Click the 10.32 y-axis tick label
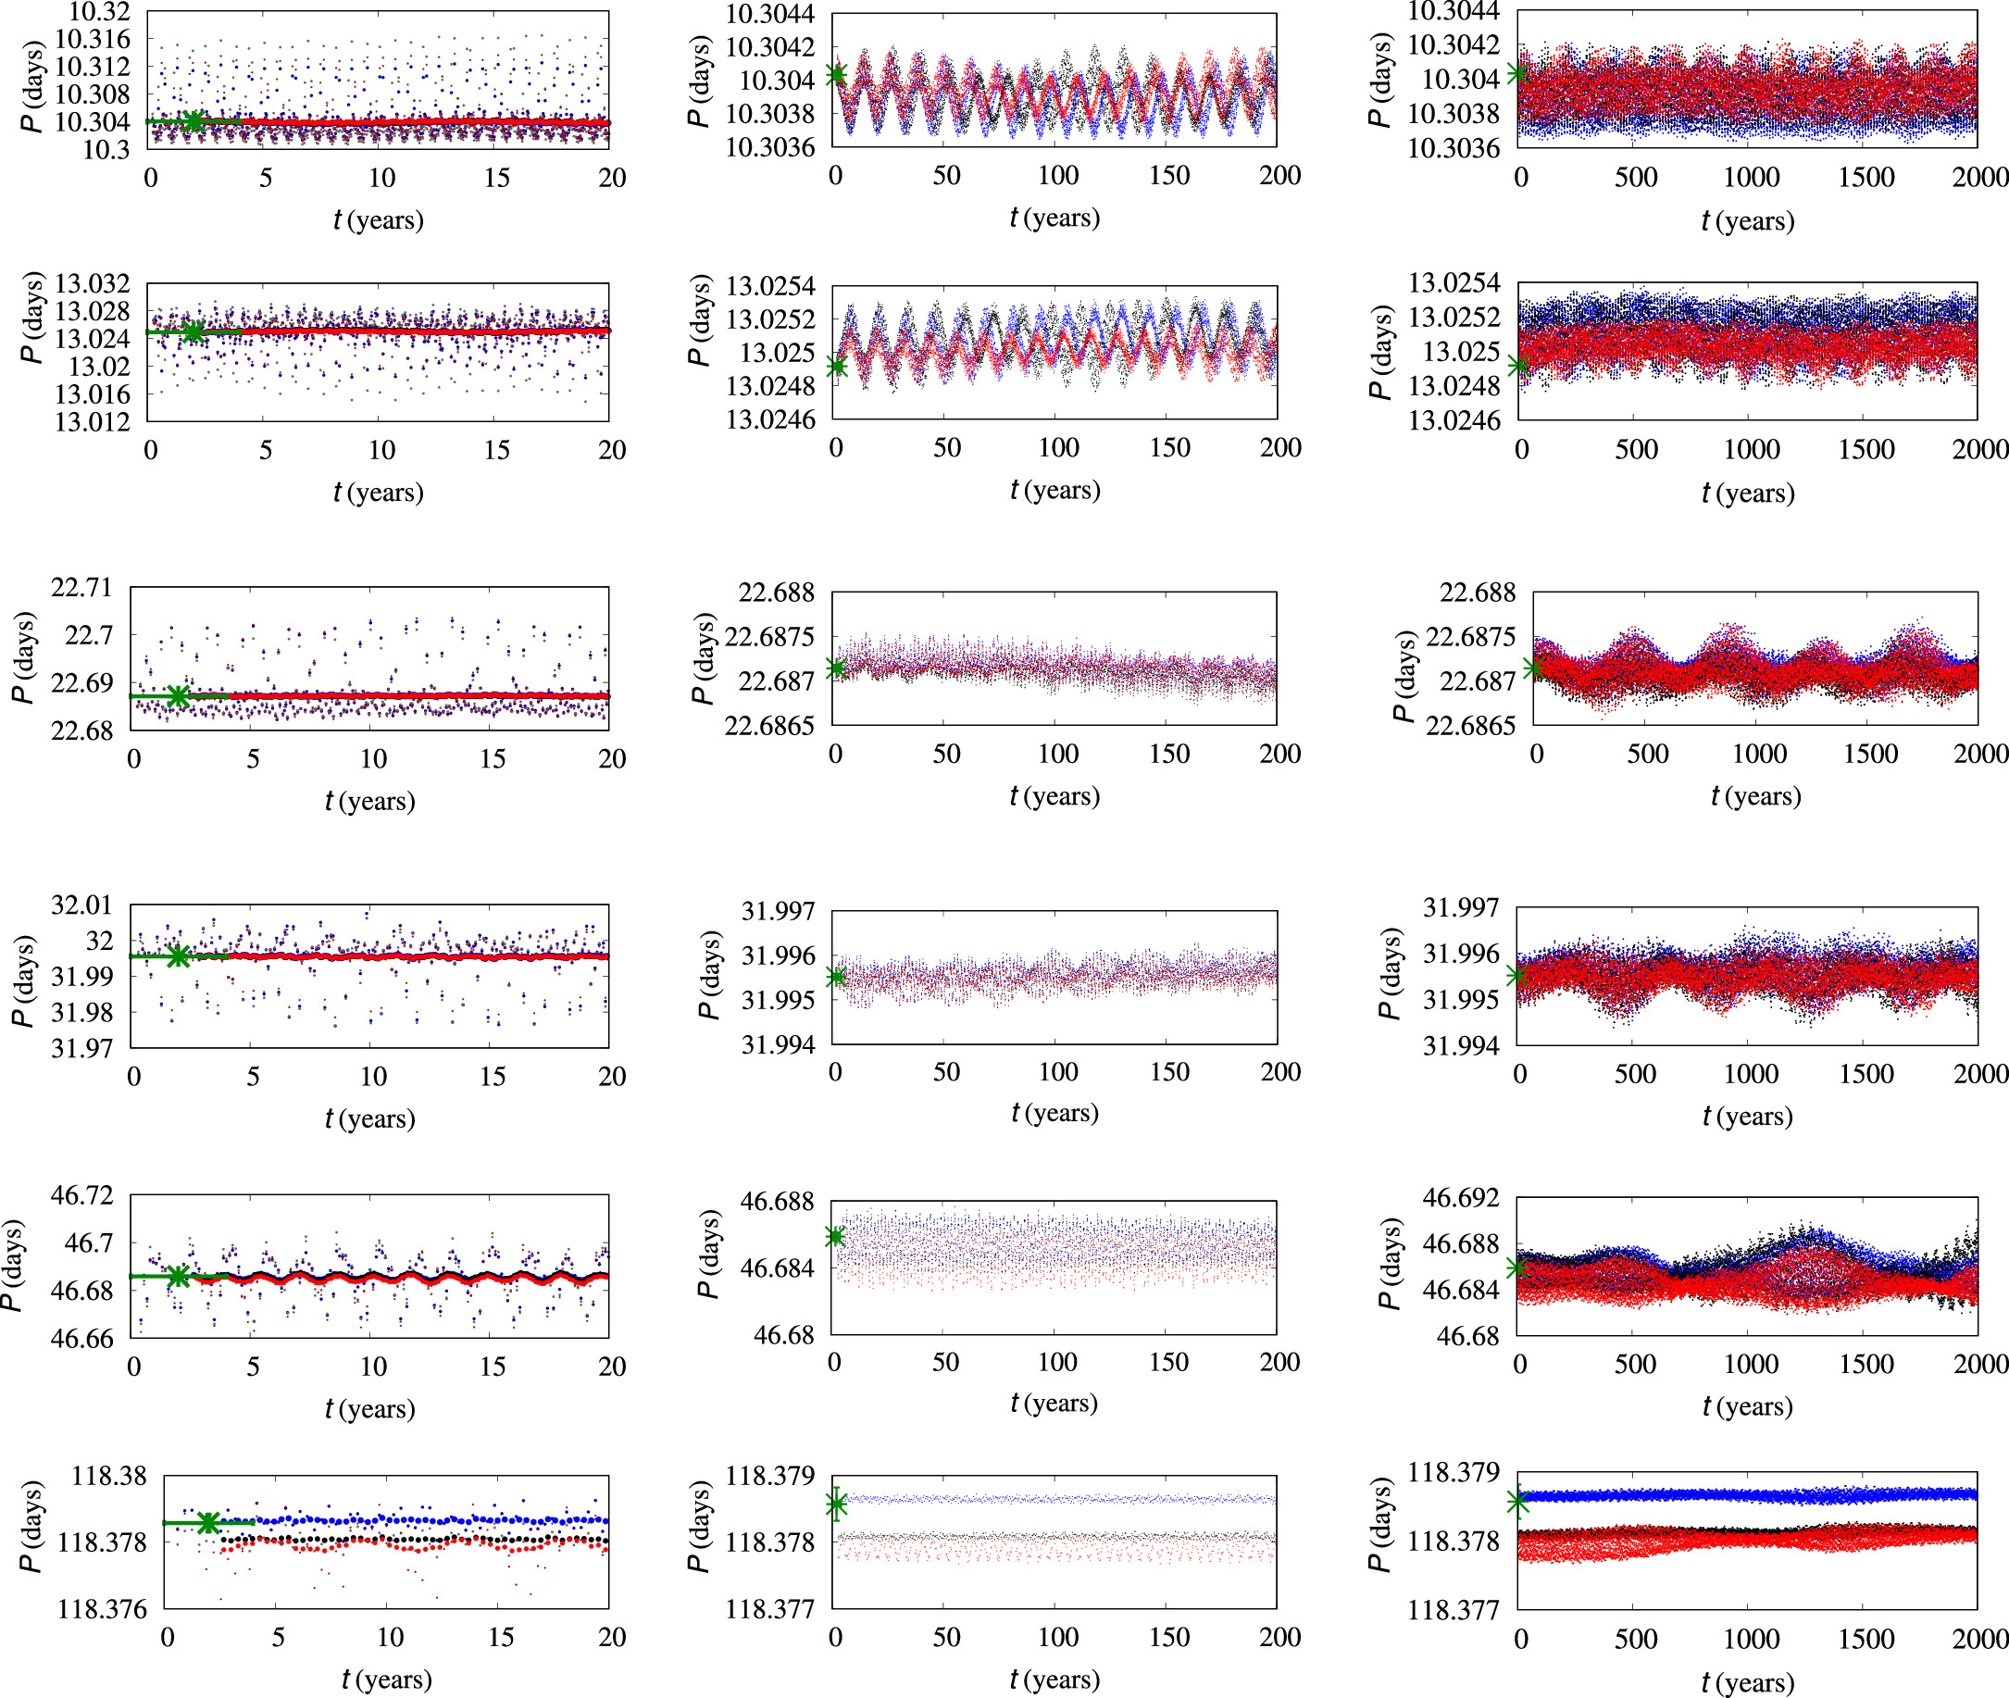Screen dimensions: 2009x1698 click(x=98, y=13)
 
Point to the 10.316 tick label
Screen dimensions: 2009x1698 click(x=93, y=40)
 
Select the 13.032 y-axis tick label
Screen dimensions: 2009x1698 click(x=93, y=284)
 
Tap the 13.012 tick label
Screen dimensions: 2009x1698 click(x=93, y=421)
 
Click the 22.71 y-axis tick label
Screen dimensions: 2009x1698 click(x=81, y=587)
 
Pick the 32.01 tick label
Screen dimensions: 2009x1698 click(x=81, y=905)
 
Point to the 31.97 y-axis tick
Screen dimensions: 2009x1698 click(x=81, y=1047)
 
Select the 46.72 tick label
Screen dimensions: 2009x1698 click(x=81, y=1195)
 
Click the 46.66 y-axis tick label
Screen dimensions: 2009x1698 click(x=81, y=1338)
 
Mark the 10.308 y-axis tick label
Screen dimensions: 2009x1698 click(x=93, y=94)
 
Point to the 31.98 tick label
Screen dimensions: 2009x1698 click(x=81, y=1012)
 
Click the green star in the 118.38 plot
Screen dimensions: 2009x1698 click(x=208, y=1523)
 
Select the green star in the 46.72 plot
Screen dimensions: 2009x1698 click(x=178, y=1277)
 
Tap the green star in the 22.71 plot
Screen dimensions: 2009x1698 click(x=178, y=696)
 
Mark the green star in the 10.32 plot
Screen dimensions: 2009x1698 click(x=193, y=121)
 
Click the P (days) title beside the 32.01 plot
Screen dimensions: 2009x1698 click(x=22, y=980)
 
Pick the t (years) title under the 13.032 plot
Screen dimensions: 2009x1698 click(x=379, y=493)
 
